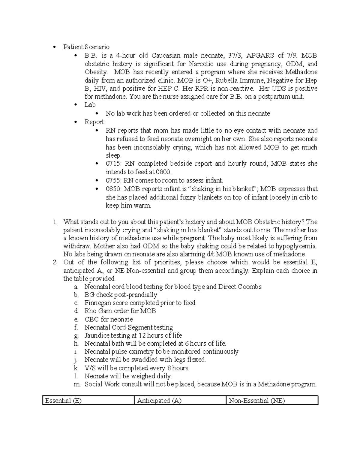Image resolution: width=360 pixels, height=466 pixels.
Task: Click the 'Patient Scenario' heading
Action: click(x=86, y=47)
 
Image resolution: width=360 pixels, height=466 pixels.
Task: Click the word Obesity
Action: click(x=96, y=72)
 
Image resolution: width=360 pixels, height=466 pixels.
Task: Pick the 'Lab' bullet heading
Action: click(x=90, y=105)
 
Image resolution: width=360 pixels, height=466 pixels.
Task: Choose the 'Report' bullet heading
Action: click(x=94, y=122)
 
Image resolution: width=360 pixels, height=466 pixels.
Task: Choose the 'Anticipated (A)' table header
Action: click(x=159, y=401)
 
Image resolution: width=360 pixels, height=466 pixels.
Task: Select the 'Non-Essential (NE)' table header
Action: click(x=257, y=401)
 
